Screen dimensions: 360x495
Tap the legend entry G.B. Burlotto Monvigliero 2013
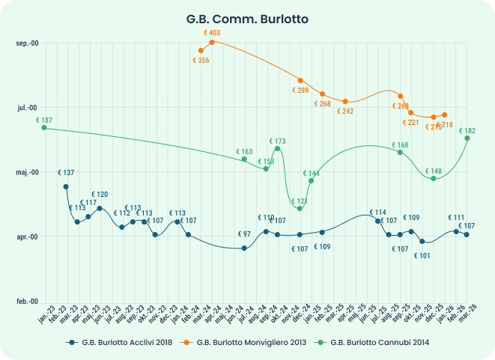point(253,343)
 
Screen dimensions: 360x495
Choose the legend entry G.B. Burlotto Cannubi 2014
point(379,343)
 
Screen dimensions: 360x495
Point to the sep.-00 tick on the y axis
point(27,43)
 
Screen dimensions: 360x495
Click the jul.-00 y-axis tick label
point(28,108)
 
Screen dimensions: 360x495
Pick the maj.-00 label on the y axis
point(27,172)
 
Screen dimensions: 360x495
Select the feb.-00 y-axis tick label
point(27,301)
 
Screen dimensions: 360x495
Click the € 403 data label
point(212,33)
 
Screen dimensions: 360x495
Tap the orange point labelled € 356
point(201,51)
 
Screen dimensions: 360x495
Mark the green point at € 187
point(44,128)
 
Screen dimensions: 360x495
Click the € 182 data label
point(467,130)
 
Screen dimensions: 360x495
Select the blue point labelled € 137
point(66,186)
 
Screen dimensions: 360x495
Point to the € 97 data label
point(244,234)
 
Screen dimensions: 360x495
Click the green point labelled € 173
point(277,148)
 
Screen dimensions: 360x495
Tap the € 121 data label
point(300,201)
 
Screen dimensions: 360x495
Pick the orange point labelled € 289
point(300,80)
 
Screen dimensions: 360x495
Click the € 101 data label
point(422,256)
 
